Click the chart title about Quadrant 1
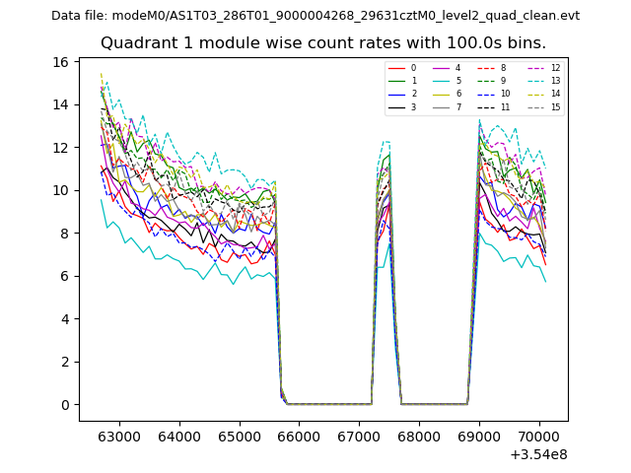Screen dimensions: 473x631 click(323, 43)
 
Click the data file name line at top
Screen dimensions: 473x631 click(315, 16)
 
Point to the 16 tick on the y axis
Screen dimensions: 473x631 click(61, 62)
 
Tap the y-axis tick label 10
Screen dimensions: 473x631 click(61, 190)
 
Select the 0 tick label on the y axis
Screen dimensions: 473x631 click(64, 405)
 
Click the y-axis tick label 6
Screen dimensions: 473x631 click(64, 276)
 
